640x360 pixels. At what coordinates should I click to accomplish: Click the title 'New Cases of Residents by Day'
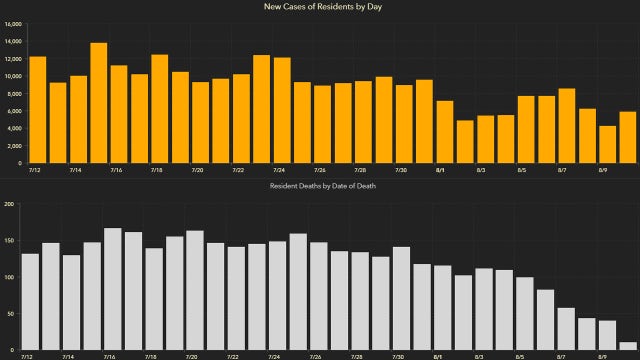(319, 7)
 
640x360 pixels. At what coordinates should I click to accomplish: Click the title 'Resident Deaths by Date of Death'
(319, 186)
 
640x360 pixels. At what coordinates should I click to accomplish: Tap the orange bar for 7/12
(38, 110)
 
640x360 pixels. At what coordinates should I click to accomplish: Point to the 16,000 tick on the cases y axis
(13, 23)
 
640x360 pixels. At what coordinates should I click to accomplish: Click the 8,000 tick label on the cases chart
(15, 93)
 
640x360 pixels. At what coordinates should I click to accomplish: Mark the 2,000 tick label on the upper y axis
(15, 145)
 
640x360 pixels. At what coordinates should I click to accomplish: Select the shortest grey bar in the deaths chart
(627, 346)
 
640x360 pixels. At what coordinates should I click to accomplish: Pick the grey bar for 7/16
(113, 289)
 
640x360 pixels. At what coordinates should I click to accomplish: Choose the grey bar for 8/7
(566, 329)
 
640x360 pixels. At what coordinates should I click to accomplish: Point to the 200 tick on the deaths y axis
(11, 205)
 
